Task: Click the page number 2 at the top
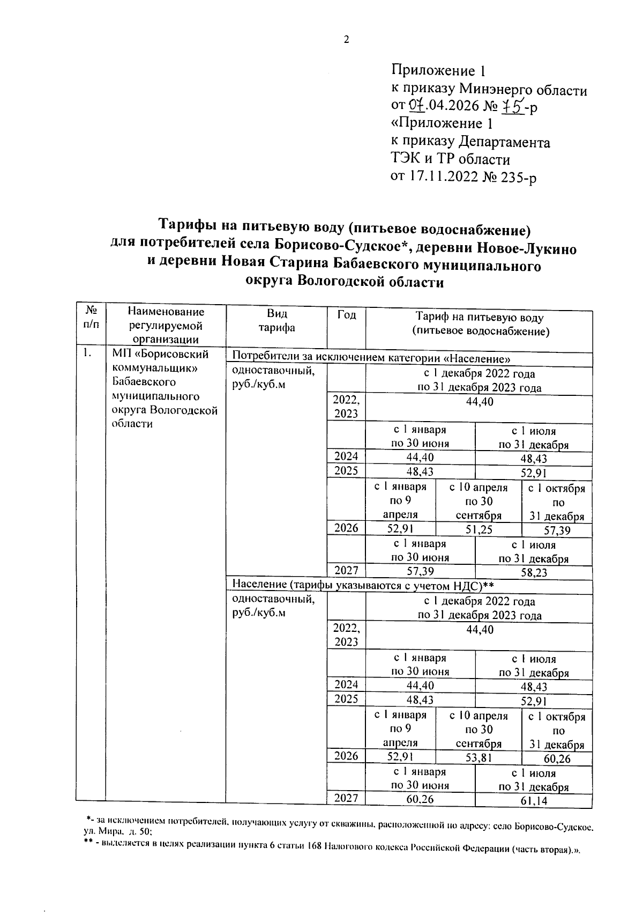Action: point(346,40)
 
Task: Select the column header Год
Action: point(346,315)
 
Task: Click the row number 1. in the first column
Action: point(87,353)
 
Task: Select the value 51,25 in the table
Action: point(478,530)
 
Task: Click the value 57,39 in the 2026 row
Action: point(557,530)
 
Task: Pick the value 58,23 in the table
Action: point(534,572)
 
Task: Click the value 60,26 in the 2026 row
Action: point(557,758)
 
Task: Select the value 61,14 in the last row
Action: point(534,801)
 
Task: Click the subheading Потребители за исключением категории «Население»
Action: point(370,358)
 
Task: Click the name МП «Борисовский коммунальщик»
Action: point(160,361)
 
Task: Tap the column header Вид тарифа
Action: point(276,321)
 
